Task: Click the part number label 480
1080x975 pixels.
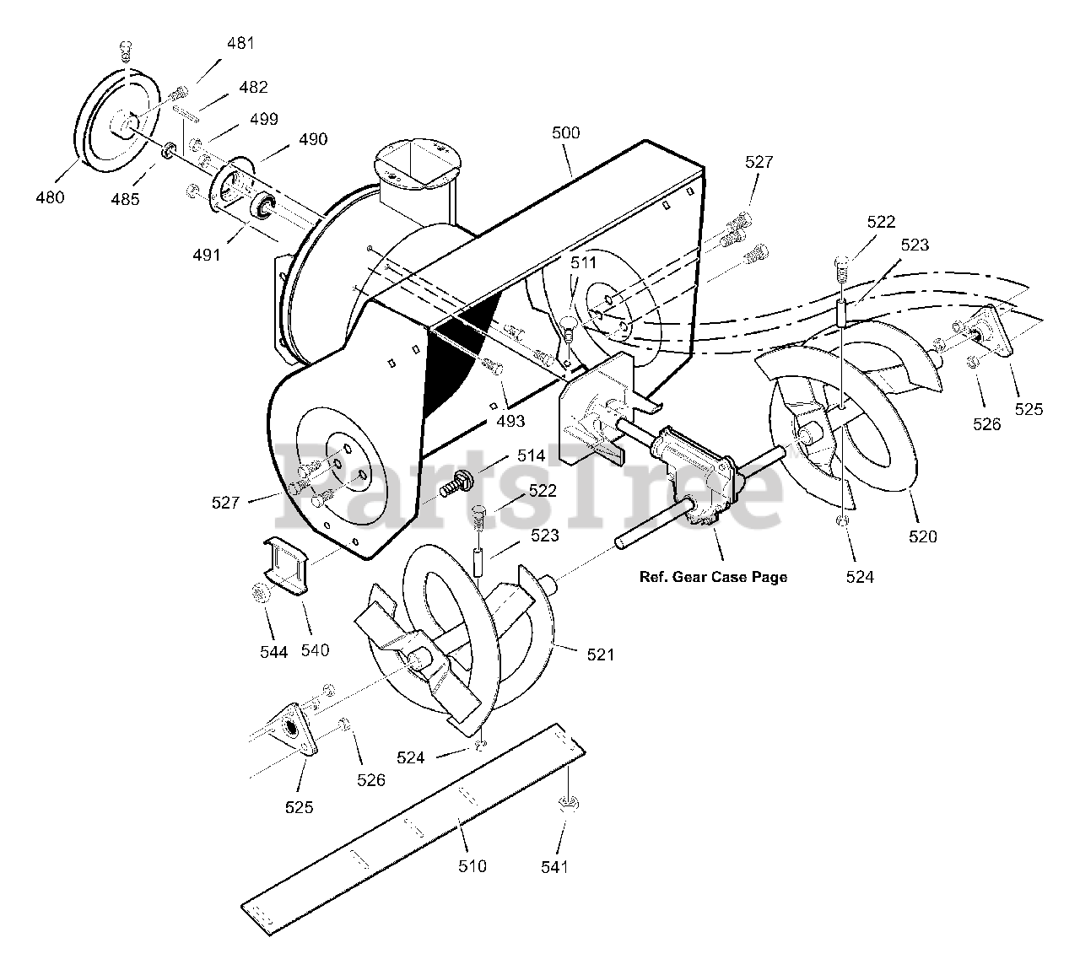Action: pos(51,198)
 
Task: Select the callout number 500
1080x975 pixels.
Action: pos(565,132)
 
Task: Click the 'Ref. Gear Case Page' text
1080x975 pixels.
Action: pos(713,577)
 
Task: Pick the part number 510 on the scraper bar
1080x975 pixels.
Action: pos(472,866)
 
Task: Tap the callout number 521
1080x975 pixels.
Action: pos(601,654)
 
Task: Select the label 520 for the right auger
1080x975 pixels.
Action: pos(923,536)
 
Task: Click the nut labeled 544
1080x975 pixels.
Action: pos(261,594)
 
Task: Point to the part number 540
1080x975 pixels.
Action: pos(315,649)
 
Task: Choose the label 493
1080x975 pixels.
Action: pos(510,421)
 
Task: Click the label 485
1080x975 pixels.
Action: pos(126,200)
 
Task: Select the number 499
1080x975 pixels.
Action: pos(263,119)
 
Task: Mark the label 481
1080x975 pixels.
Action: pos(240,43)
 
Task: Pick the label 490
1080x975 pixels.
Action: pos(313,139)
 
